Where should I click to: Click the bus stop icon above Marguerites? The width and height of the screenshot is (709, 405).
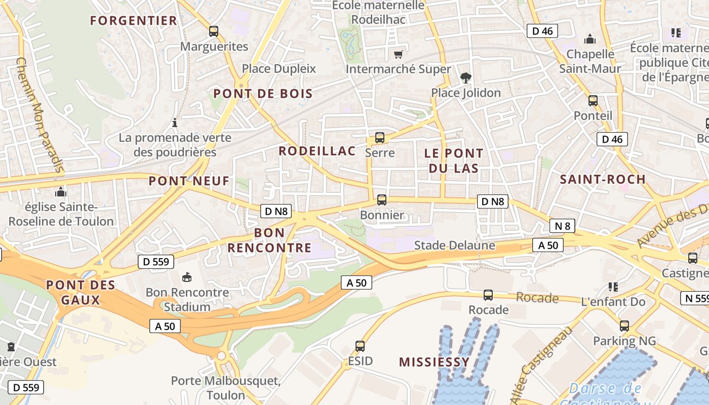[x=214, y=31]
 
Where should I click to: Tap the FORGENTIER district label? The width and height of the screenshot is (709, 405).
[x=134, y=21]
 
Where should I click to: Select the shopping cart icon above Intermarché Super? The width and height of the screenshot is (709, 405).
[x=399, y=54]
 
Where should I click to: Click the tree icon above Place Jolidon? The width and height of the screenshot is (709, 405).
[x=465, y=77]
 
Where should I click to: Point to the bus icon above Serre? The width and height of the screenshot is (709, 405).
[x=379, y=137]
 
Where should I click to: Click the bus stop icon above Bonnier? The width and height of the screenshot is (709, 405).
[x=382, y=200]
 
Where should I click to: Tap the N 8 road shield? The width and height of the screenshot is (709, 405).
[x=562, y=226]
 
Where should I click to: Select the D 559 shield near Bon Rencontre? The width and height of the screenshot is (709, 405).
[x=156, y=262]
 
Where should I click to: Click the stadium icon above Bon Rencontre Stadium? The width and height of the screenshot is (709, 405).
[x=187, y=277]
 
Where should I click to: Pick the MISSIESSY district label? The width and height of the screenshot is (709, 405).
[x=434, y=362]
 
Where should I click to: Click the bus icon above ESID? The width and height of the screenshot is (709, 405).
[x=360, y=346]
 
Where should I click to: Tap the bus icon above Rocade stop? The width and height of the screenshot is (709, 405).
[x=488, y=295]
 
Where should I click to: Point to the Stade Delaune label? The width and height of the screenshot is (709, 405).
[x=454, y=246]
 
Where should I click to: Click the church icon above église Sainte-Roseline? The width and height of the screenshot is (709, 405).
[x=61, y=192]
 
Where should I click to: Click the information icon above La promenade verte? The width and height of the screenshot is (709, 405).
[x=175, y=123]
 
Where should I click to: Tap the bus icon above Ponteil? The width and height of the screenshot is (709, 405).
[x=593, y=100]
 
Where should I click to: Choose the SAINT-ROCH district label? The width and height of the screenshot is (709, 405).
[x=603, y=179]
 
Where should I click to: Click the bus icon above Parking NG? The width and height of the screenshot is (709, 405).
[x=624, y=326]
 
